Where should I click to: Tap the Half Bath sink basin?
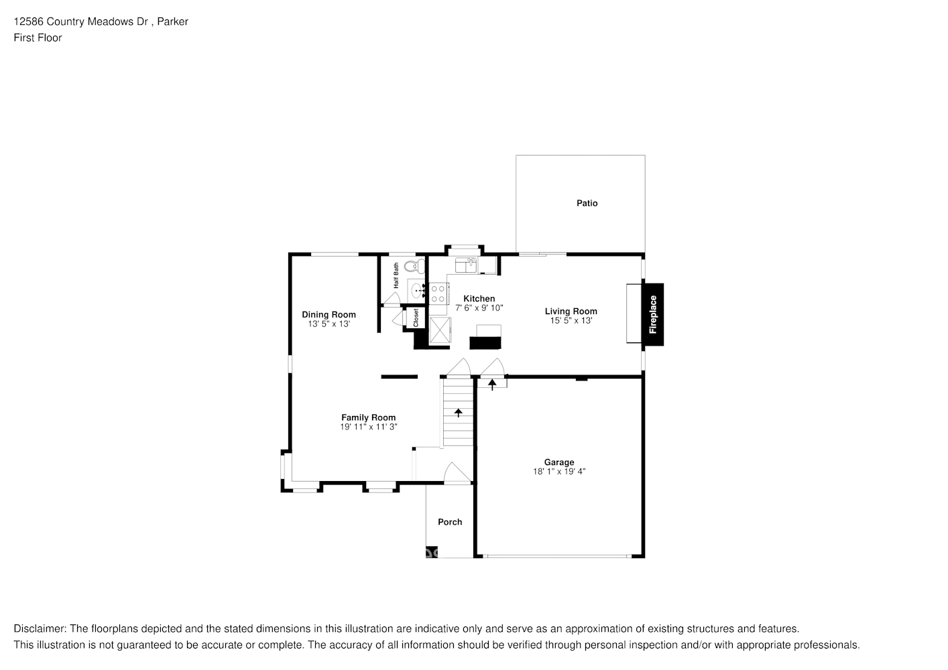[416, 291]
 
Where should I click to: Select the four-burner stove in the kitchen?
[438, 293]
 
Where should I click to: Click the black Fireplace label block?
[653, 315]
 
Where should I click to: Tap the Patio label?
[587, 203]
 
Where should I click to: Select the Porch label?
[450, 522]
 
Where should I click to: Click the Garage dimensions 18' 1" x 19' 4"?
[558, 472]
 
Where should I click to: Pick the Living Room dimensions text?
[571, 321]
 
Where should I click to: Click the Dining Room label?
[329, 314]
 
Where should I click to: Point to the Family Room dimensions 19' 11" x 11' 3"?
[369, 427]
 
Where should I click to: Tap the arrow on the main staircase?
[459, 413]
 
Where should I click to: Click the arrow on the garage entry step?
[492, 384]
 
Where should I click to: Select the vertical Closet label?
[416, 318]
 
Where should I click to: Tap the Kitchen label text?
[479, 299]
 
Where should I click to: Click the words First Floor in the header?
[38, 38]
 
